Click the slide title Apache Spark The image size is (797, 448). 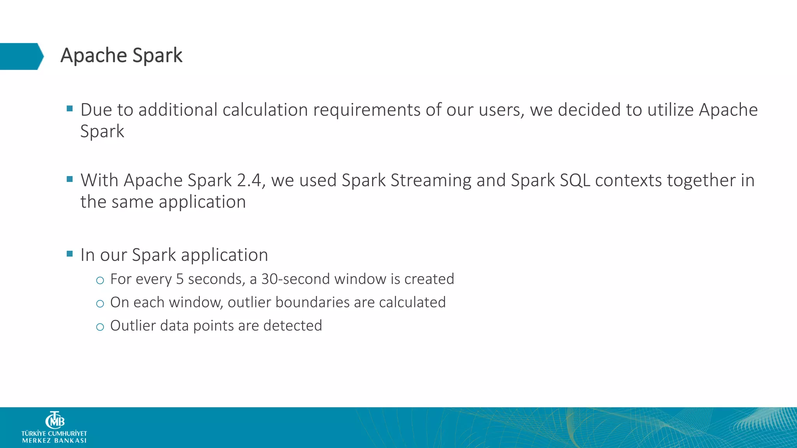(x=121, y=56)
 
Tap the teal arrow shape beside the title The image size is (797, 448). (x=21, y=56)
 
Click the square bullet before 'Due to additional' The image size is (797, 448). (x=70, y=108)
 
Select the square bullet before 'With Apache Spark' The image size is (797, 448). (x=70, y=179)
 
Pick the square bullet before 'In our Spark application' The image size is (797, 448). (x=70, y=254)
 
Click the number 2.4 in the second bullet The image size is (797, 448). (x=249, y=180)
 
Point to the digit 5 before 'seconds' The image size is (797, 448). (x=179, y=279)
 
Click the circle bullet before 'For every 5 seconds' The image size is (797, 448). (x=100, y=280)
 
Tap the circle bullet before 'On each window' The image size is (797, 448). (x=100, y=304)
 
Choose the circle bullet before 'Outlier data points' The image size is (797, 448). (x=100, y=327)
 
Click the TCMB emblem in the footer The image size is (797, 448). (x=55, y=420)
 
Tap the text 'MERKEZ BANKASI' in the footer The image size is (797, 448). (x=54, y=441)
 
